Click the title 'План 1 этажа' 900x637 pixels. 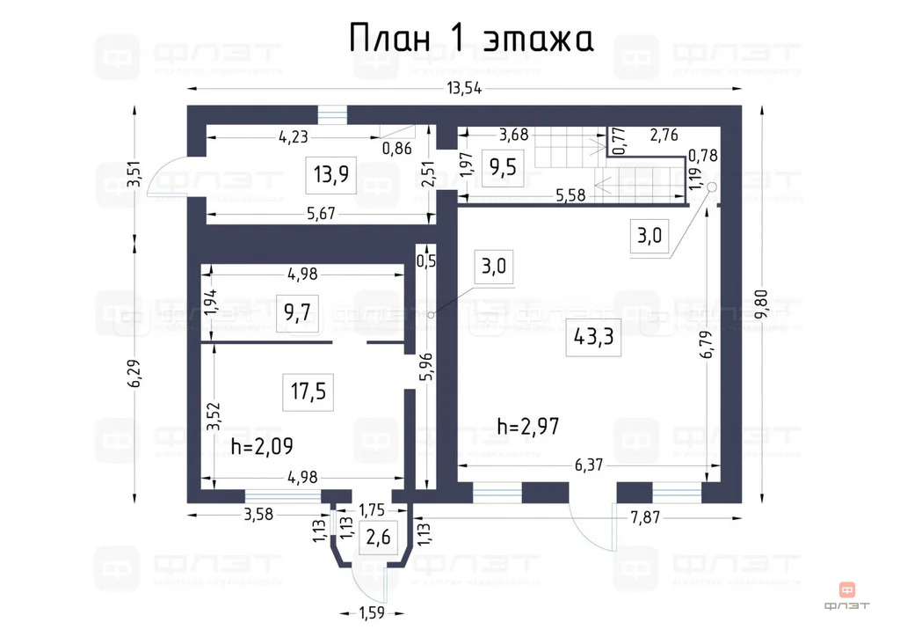[471, 39]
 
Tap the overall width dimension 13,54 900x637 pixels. [467, 88]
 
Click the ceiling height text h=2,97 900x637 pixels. [528, 427]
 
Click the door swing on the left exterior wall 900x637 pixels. [166, 177]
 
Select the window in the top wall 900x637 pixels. [331, 115]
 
